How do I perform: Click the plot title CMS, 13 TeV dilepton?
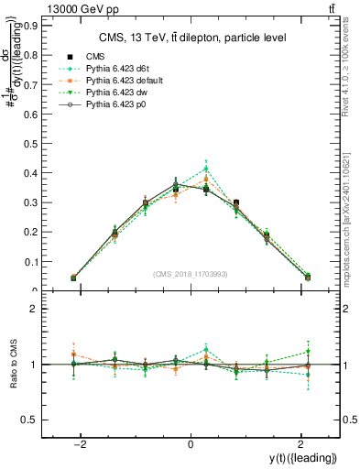pyautogui.click(x=192, y=38)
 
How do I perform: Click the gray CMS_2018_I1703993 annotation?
pyautogui.click(x=191, y=274)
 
